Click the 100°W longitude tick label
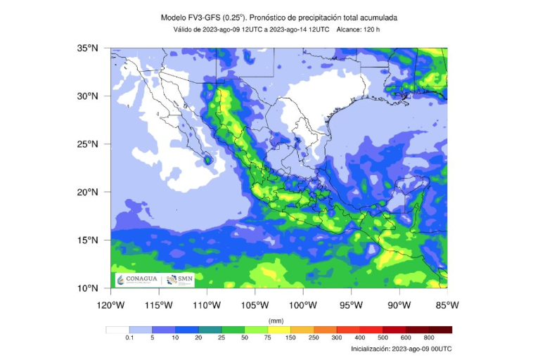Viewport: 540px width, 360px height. [303, 305]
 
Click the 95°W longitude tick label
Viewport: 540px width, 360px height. [351, 305]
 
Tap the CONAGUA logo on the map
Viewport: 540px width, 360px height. [138, 280]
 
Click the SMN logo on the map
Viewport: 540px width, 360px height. [180, 280]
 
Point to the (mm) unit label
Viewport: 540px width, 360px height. [276, 320]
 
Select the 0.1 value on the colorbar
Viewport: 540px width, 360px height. [129, 338]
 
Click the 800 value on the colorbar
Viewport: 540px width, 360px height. [429, 338]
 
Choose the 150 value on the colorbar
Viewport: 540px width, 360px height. [291, 338]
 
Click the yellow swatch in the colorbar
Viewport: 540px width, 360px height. [279, 329]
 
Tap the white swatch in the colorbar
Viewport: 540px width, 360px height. [117, 329]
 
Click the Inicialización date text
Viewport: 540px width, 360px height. [401, 349]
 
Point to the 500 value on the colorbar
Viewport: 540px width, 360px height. [382, 338]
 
